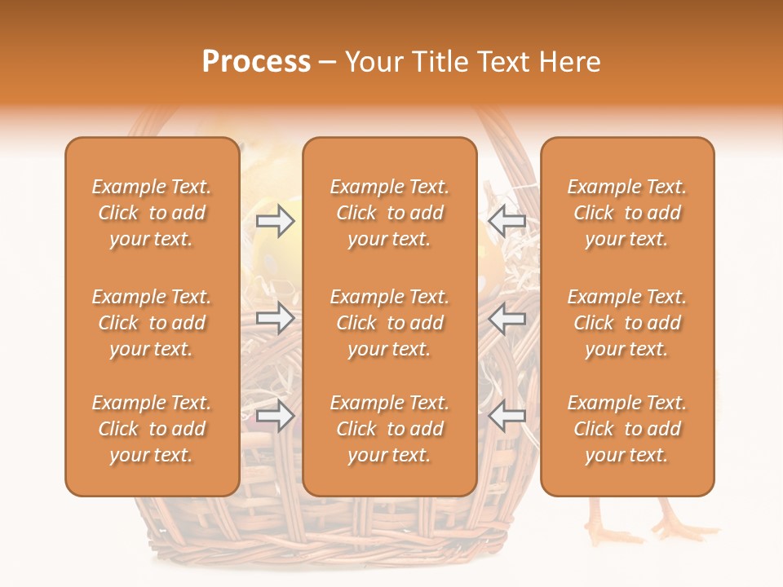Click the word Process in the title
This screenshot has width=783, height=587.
(256, 62)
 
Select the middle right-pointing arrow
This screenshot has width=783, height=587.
(276, 318)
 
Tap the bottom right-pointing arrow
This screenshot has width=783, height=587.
(276, 416)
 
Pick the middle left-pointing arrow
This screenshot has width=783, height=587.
(507, 318)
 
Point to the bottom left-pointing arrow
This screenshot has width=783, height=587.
(507, 416)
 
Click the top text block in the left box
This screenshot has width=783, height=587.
(152, 213)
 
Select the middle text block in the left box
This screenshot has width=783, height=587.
(152, 323)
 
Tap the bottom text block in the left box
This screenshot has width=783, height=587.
(152, 429)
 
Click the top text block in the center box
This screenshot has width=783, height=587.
(389, 213)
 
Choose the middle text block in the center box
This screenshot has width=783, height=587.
(389, 323)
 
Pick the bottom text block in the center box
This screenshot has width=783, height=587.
(389, 429)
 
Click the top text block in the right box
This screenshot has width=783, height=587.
(626, 213)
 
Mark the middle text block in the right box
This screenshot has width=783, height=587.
(626, 323)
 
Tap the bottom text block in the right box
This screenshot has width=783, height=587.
(626, 429)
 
